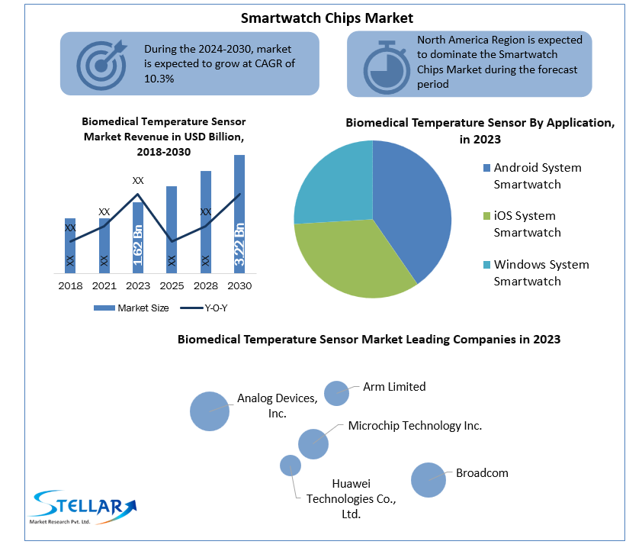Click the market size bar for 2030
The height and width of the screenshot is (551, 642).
click(239, 214)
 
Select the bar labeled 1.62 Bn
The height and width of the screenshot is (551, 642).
click(138, 237)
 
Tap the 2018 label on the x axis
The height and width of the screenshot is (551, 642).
click(70, 286)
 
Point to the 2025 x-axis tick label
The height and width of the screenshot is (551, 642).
click(172, 286)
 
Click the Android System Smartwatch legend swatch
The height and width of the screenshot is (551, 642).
click(486, 168)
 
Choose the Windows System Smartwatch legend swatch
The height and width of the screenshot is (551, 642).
click(486, 265)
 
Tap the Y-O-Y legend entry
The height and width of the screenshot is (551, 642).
click(204, 308)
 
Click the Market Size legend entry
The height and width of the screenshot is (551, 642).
click(131, 308)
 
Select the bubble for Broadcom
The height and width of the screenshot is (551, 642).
click(429, 480)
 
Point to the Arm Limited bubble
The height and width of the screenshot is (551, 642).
click(336, 393)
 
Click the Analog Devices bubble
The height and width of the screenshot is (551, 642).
click(210, 411)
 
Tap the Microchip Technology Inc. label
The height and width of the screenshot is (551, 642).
click(415, 426)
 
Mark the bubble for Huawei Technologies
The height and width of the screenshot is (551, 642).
click(291, 466)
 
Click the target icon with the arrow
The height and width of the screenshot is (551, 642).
click(101, 65)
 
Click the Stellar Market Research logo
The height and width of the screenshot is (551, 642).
click(82, 507)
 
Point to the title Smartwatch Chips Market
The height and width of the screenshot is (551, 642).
click(327, 18)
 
